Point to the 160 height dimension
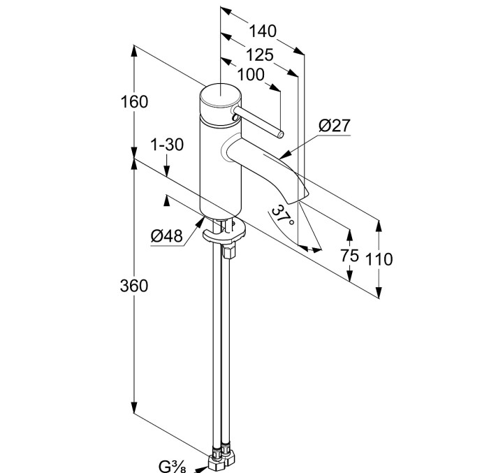coord(134,102)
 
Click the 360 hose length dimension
coord(134,286)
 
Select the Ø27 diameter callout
coord(334,126)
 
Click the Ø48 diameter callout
coord(166,236)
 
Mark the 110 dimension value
coord(379,260)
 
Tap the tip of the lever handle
coord(279,133)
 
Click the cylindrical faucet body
coord(220,168)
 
